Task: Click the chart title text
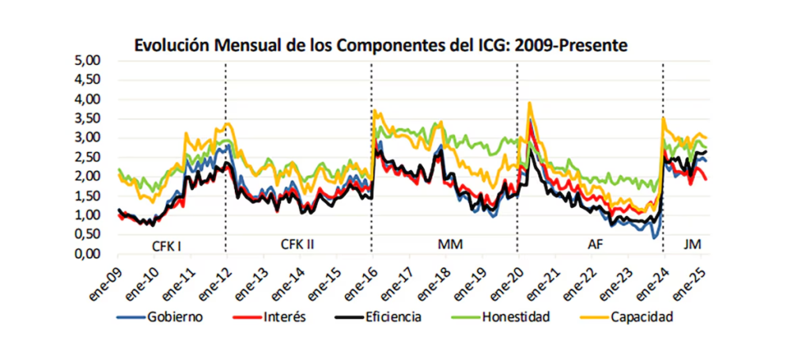click(380, 45)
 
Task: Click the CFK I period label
click(167, 244)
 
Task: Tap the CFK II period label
click(297, 244)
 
